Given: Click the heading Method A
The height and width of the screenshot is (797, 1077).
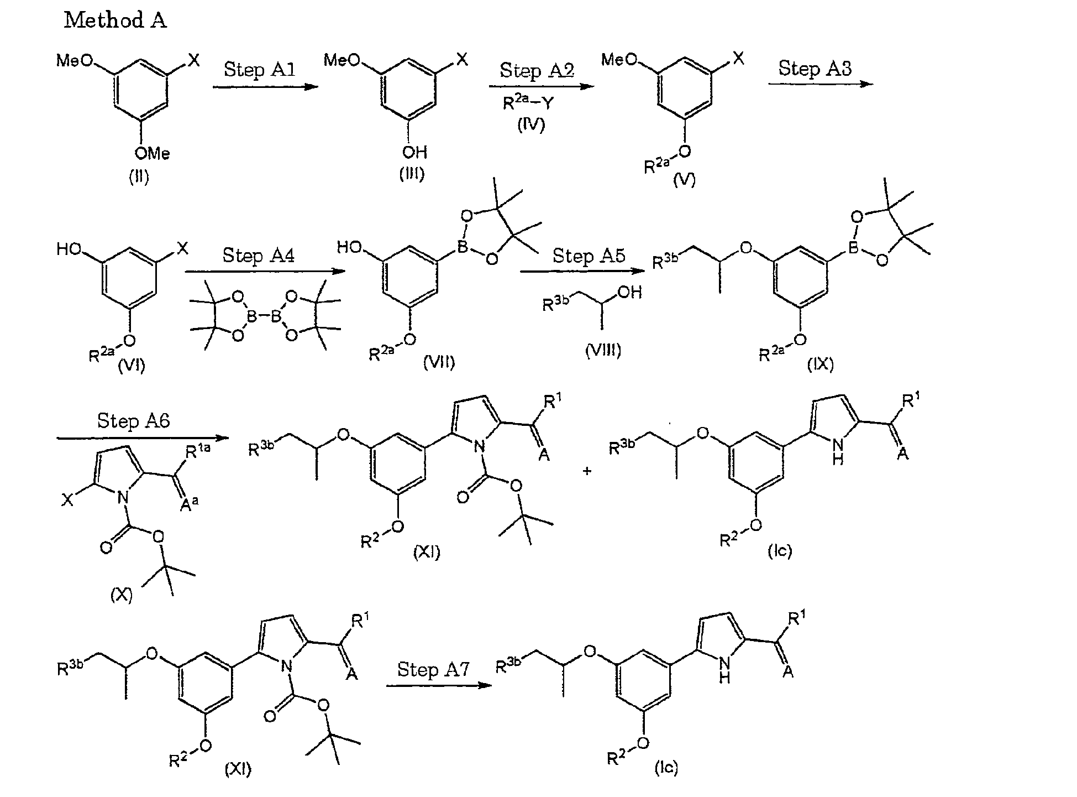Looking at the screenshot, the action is (x=115, y=20).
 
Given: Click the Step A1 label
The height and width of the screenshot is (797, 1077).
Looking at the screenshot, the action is (x=259, y=70).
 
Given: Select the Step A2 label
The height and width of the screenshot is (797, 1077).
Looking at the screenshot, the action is (x=537, y=70).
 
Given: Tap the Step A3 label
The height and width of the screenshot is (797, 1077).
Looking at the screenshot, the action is (x=815, y=68).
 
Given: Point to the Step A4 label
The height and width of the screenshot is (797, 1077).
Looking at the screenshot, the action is (x=258, y=255).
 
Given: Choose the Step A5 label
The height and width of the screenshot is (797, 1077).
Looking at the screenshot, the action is (x=589, y=256).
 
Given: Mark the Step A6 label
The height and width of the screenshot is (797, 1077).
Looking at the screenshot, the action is (x=134, y=421).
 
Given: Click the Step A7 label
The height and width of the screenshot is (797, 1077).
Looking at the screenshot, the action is (x=433, y=669).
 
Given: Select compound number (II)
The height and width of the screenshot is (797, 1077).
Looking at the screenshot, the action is (x=139, y=177).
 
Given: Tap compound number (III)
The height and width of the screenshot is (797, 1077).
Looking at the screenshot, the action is (x=412, y=174).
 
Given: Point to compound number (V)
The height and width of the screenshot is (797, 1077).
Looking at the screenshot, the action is (x=684, y=180).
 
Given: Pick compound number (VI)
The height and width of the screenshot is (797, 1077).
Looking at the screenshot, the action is (x=132, y=366).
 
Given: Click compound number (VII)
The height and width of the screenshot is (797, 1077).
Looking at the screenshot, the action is (x=439, y=363).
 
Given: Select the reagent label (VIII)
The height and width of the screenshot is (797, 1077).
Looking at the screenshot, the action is (x=603, y=350).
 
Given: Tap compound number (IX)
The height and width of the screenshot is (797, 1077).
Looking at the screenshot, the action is (x=821, y=363).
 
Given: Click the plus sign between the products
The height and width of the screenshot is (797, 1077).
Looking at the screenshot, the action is (x=587, y=471).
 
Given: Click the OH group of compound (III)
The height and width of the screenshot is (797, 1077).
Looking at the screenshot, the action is (x=414, y=151).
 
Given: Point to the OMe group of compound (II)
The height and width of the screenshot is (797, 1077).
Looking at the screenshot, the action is (x=153, y=153).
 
